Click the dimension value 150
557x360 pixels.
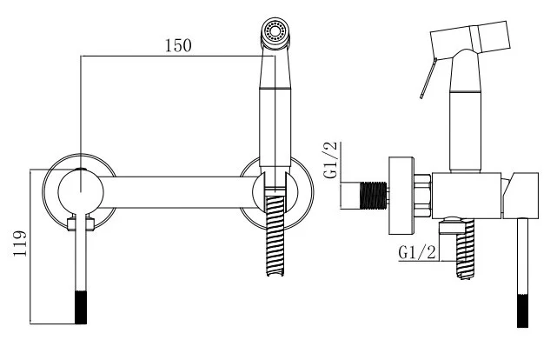coord(178,45)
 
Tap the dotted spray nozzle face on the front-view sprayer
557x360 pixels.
coord(277,33)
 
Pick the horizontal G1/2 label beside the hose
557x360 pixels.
coord(417,252)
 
